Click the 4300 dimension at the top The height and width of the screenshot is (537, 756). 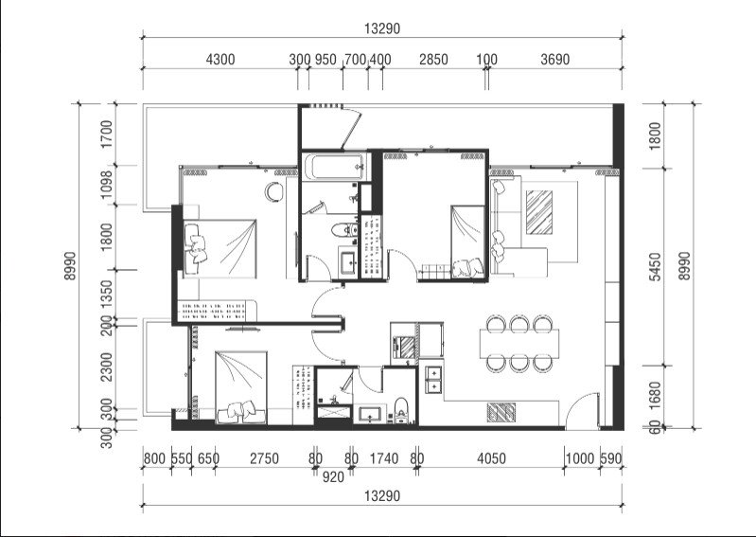coord(220,60)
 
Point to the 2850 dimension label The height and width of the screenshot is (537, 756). coord(433,60)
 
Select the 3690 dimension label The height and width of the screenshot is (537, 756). coord(555,60)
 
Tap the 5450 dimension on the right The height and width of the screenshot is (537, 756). coord(655,266)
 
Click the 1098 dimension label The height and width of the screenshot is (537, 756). coord(107,184)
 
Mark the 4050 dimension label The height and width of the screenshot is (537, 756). coord(491,458)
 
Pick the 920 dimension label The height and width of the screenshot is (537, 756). coord(333,477)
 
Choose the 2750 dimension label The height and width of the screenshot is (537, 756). coord(264,458)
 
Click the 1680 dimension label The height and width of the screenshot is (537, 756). coord(655,396)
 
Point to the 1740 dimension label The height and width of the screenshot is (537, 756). coord(384,458)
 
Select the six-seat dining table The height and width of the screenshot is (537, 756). coord(519,344)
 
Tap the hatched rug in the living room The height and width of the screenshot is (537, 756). coord(539,212)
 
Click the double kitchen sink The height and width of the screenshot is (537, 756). coord(433,380)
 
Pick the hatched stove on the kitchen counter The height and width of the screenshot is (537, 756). coord(501,413)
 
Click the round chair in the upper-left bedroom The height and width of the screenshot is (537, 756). coord(273,191)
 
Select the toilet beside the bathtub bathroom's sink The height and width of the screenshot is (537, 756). coord(343,229)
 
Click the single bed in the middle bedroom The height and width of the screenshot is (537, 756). coord(467,242)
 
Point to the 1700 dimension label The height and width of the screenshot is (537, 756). coord(107,134)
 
